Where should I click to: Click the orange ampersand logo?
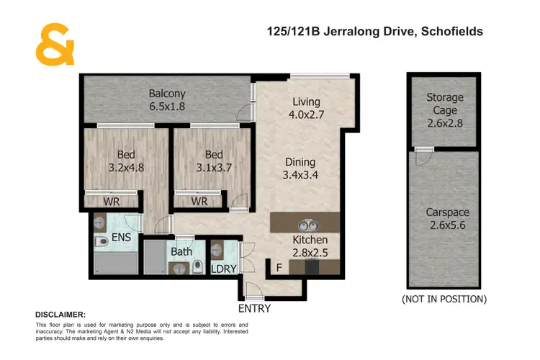[54, 45]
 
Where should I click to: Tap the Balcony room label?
[167, 100]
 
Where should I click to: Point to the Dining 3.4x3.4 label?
[300, 168]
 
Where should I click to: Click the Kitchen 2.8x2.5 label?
[310, 246]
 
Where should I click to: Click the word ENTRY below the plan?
[254, 309]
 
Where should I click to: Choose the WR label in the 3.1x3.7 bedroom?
[199, 202]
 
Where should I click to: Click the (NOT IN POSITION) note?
[444, 299]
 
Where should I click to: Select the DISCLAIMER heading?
[60, 315]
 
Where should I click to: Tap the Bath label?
[181, 252]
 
